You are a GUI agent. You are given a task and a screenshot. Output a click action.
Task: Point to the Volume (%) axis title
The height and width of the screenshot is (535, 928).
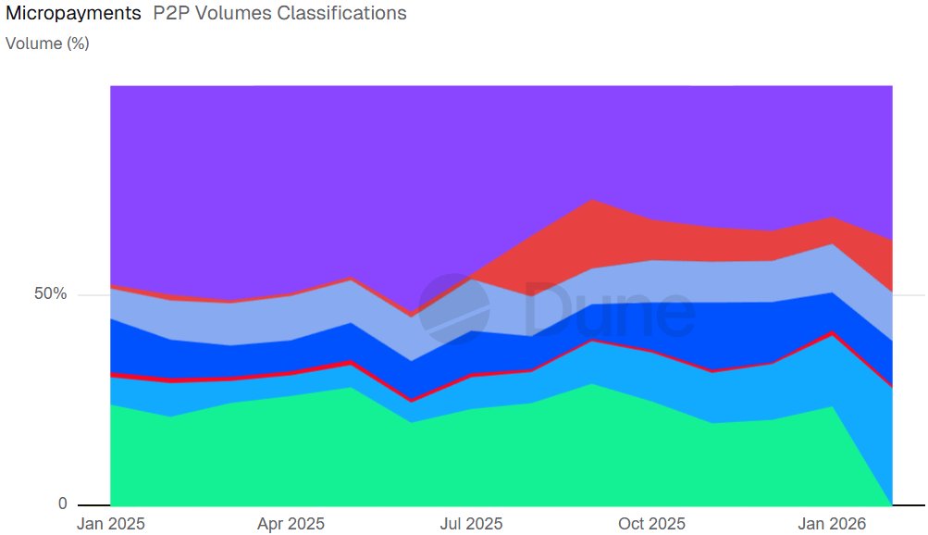click(47, 43)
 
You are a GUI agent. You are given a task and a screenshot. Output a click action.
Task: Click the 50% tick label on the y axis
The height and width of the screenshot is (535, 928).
click(50, 294)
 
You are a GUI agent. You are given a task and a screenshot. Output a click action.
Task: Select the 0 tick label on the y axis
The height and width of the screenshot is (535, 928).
click(62, 504)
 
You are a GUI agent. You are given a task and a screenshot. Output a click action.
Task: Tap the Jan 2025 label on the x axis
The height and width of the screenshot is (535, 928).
click(110, 524)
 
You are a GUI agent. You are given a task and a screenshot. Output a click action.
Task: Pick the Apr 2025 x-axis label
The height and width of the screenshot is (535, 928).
click(291, 524)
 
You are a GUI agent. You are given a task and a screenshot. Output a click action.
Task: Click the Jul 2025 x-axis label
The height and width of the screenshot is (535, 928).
click(472, 524)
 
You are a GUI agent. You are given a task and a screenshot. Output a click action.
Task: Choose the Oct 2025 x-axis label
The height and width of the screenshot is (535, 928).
click(652, 524)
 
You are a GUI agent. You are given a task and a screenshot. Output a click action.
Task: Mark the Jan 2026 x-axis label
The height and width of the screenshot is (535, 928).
click(832, 524)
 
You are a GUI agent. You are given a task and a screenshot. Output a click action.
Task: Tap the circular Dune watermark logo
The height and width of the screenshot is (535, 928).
click(454, 309)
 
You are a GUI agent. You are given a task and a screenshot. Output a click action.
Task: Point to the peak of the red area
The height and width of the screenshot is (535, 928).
click(592, 201)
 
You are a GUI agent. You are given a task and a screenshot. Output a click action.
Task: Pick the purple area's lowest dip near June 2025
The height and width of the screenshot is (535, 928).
click(412, 315)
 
